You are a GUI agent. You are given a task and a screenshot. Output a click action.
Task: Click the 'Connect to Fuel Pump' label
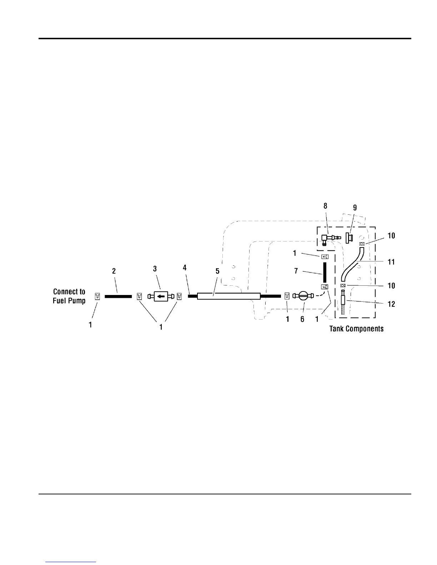69,296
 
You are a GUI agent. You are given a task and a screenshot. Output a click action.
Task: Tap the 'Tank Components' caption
356,329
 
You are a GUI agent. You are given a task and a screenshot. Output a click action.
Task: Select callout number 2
114,271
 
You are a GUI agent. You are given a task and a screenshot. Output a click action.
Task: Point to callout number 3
155,269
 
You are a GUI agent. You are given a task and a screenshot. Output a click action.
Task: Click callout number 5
217,271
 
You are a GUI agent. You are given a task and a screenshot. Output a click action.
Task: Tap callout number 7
296,271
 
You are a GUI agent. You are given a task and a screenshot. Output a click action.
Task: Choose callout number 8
325,206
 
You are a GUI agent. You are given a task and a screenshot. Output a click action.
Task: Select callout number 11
391,262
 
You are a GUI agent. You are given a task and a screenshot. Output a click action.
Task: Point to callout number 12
391,304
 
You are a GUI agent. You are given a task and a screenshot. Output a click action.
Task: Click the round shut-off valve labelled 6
303,296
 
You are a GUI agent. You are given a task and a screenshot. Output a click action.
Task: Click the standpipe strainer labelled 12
343,302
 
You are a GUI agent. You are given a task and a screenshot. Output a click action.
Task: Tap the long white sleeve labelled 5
228,296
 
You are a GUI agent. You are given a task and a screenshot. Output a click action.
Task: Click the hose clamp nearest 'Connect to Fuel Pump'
97,296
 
